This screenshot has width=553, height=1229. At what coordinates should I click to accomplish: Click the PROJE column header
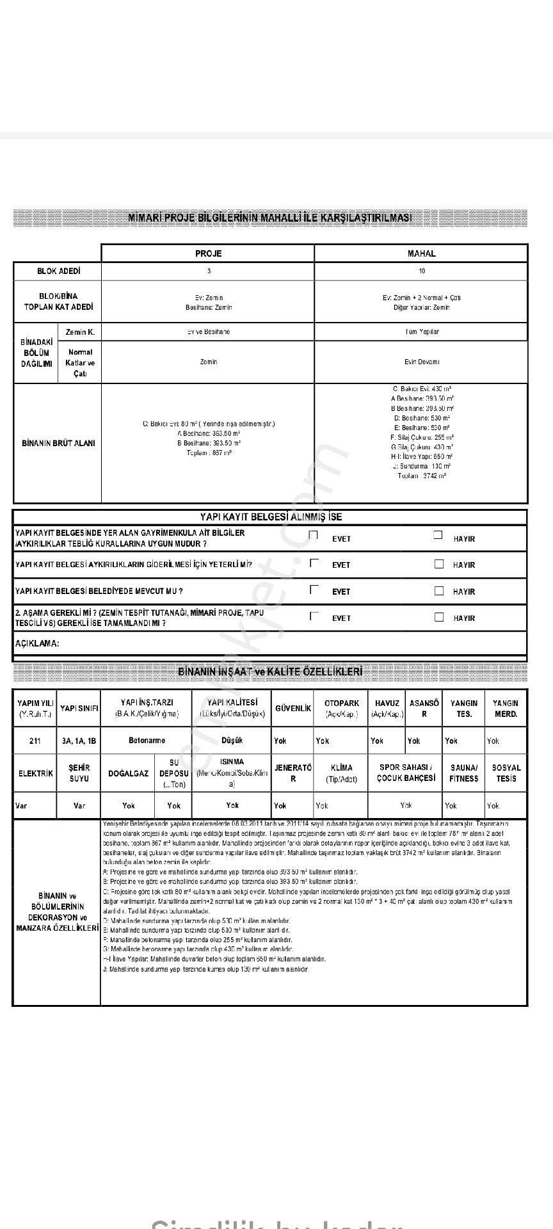click(x=208, y=253)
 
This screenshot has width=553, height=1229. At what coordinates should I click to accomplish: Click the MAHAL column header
click(x=421, y=253)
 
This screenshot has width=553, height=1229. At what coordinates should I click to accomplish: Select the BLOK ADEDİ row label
click(x=58, y=271)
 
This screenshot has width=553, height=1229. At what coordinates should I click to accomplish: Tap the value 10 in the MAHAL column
click(x=422, y=271)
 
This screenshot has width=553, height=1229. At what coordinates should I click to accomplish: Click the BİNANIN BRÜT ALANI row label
click(x=58, y=443)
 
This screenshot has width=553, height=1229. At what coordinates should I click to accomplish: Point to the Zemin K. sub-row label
click(x=80, y=332)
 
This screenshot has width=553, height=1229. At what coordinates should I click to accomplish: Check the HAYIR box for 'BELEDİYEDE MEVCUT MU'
click(x=439, y=591)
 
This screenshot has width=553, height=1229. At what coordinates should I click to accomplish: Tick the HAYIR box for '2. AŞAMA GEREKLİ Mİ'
click(x=439, y=617)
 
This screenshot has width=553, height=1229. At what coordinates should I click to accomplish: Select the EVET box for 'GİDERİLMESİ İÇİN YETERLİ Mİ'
click(x=314, y=563)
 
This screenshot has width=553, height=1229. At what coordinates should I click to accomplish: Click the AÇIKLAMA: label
click(x=36, y=643)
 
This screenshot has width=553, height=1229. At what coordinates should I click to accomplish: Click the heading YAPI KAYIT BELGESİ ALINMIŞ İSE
click(x=271, y=517)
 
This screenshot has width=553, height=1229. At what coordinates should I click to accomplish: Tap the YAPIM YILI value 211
click(x=35, y=741)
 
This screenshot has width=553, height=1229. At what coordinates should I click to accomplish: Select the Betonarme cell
click(x=147, y=740)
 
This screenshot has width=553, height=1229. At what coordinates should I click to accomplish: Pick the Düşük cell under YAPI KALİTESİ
click(x=232, y=740)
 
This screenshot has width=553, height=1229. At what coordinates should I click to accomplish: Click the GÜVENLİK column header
click(x=293, y=708)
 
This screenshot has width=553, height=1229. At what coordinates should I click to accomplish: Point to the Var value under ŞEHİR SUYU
click(x=79, y=805)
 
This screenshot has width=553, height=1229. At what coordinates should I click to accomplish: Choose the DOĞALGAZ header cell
click(x=128, y=773)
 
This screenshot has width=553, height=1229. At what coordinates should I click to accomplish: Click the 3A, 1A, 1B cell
click(x=79, y=741)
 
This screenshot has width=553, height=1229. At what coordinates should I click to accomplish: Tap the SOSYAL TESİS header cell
click(x=506, y=773)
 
